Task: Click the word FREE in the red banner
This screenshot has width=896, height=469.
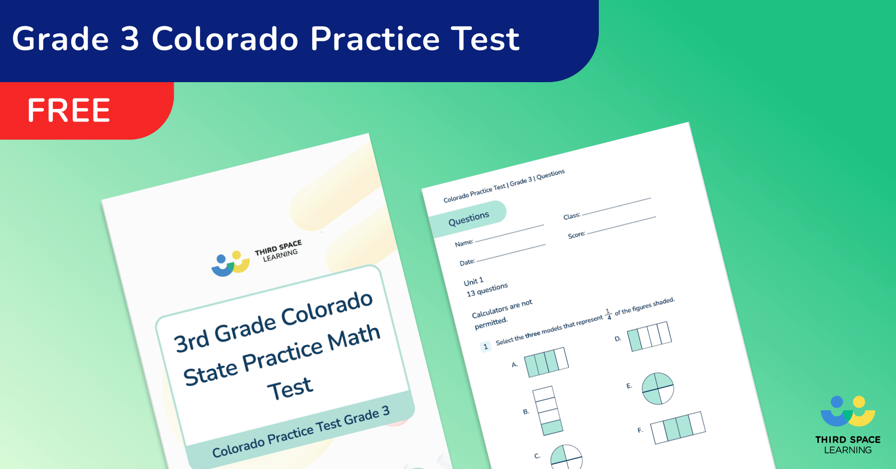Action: pos(69,111)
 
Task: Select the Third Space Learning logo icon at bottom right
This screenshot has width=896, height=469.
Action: pos(848,411)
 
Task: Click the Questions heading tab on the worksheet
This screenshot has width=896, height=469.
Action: pos(468,218)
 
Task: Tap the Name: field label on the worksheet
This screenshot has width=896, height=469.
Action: pos(463,243)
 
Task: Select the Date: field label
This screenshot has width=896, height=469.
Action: pos(467,262)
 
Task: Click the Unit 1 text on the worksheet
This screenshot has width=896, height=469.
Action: pos(473,282)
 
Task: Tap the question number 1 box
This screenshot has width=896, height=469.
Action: pos(485,347)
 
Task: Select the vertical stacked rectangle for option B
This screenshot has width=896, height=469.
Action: pos(548,411)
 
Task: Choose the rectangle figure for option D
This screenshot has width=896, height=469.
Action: pos(649,336)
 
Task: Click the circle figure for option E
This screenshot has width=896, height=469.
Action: pos(658,388)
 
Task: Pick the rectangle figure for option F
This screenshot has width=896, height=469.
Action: pos(678,427)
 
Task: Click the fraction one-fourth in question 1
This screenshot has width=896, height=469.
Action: pos(608,314)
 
